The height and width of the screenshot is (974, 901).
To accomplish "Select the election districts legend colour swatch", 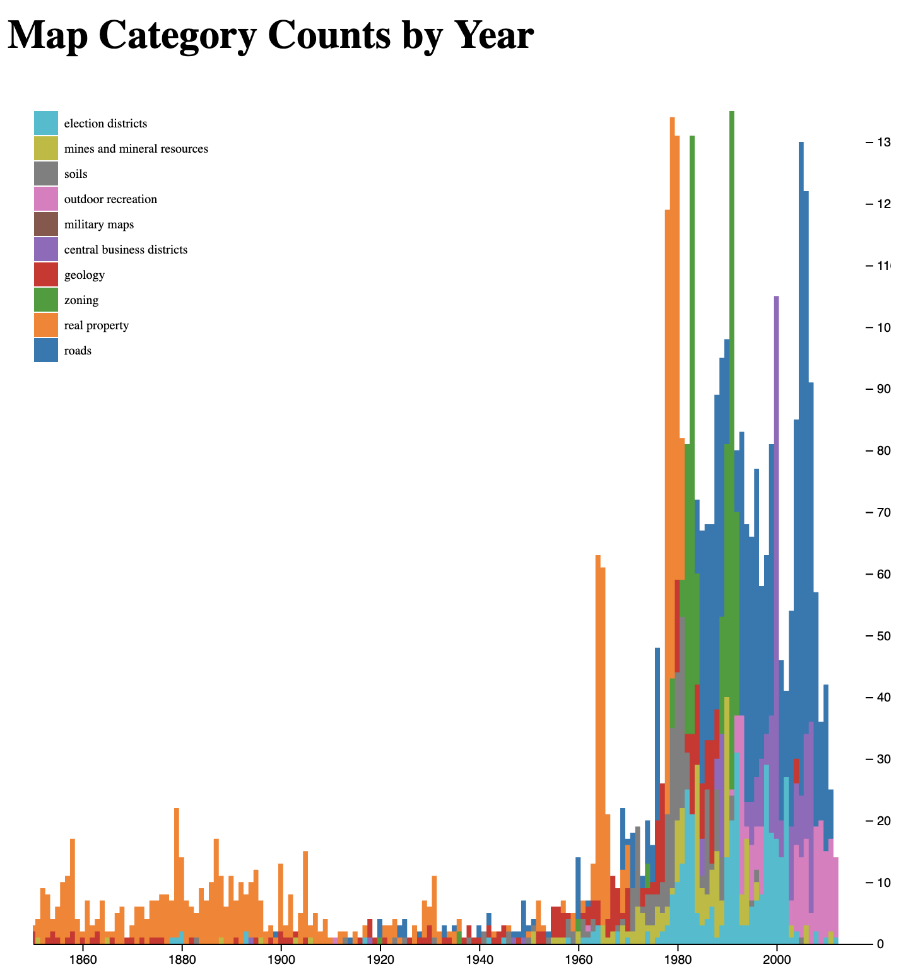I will pyautogui.click(x=46, y=123).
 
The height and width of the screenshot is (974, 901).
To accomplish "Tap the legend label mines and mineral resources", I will pyautogui.click(x=136, y=149).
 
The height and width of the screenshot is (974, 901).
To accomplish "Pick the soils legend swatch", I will pyautogui.click(x=46, y=173).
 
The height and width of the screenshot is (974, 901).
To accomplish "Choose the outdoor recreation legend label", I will pyautogui.click(x=110, y=199).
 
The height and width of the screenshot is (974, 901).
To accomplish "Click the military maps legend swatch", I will pyautogui.click(x=46, y=224).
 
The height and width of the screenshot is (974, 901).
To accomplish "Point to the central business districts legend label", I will pyautogui.click(x=126, y=250).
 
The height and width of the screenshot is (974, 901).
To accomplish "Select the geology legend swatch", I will pyautogui.click(x=46, y=274).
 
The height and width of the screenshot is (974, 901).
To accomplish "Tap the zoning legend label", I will pyautogui.click(x=81, y=300).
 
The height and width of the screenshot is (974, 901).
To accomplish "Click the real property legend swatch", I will pyautogui.click(x=46, y=325).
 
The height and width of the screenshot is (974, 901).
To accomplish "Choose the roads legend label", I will pyautogui.click(x=78, y=351).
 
